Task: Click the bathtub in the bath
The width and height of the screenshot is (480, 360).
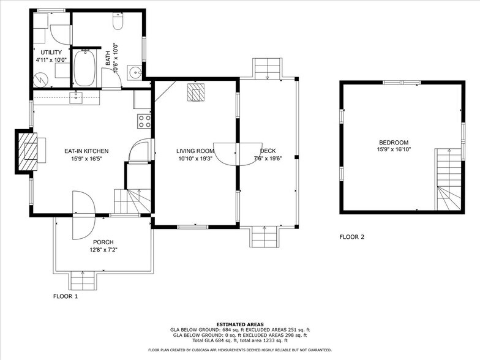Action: click(84, 68)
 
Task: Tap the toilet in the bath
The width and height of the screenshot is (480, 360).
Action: click(119, 23)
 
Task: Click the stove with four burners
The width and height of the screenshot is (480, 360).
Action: click(144, 121)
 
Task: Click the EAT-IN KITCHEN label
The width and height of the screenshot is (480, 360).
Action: click(86, 151)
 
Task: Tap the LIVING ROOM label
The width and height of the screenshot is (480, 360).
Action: click(195, 151)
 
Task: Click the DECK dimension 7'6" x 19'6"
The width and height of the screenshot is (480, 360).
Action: click(267, 159)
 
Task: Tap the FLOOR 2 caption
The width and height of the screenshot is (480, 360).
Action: click(352, 236)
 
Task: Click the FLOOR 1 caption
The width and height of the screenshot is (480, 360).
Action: click(66, 296)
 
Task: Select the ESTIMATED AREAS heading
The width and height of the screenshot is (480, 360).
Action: click(239, 324)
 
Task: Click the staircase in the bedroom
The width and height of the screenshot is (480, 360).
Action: click(448, 180)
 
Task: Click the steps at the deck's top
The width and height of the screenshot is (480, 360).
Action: click(267, 69)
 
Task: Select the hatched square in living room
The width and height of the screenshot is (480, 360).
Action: click(196, 92)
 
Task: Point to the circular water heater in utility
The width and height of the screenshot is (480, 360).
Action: click(39, 79)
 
